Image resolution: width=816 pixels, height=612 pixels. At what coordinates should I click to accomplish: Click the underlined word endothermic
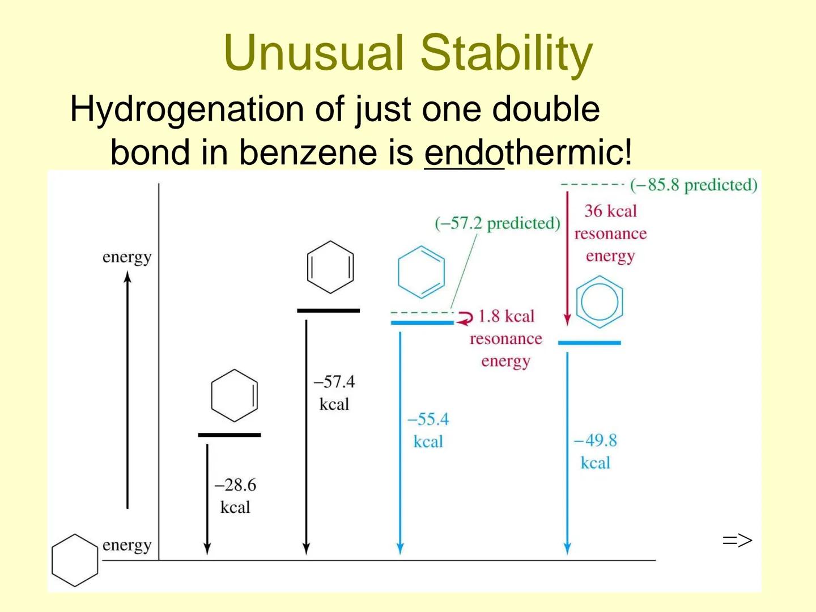click(x=527, y=152)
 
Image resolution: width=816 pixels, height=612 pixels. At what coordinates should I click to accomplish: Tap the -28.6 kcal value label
click(x=235, y=496)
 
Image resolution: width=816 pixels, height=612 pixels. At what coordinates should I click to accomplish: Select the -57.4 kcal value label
click(x=334, y=393)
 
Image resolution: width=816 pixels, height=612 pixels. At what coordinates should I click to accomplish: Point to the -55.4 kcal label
click(x=428, y=431)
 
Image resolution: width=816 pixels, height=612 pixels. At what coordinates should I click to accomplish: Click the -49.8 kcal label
click(x=595, y=452)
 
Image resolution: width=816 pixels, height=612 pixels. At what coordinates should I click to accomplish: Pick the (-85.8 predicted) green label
click(x=693, y=185)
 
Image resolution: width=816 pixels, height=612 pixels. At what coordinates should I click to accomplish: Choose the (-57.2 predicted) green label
click(x=497, y=223)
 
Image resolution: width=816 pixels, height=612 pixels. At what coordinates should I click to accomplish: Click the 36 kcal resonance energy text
click(x=610, y=233)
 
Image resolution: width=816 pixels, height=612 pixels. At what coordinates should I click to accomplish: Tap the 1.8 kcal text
click(x=506, y=316)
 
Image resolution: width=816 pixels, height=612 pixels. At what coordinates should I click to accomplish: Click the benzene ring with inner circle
click(x=600, y=302)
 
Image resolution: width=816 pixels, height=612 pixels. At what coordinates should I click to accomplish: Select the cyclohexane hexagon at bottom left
click(x=75, y=560)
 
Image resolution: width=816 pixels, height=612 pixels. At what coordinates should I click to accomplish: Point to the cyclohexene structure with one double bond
click(x=234, y=396)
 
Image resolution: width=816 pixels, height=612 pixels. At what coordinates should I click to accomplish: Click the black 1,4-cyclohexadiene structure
click(x=330, y=267)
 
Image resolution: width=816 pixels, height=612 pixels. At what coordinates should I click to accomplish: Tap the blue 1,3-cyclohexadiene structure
click(x=422, y=272)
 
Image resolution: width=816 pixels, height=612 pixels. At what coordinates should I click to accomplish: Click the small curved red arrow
click(x=465, y=318)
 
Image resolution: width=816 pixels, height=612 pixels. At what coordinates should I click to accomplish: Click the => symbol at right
click(x=737, y=541)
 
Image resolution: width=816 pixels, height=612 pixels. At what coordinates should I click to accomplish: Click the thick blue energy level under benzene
click(x=589, y=343)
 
